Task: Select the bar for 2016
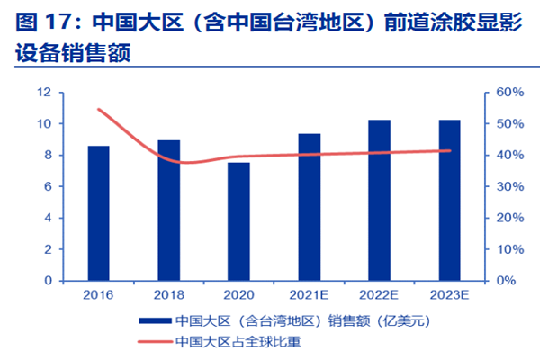(98, 213)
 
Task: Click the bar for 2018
(168, 211)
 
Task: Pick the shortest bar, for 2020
(238, 221)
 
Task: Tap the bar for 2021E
(309, 207)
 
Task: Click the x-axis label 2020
(238, 295)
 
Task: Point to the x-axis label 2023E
(449, 295)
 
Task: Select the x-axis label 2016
(98, 295)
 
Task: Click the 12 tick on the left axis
(43, 93)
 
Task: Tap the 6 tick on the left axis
(47, 186)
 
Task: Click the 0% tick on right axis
(507, 280)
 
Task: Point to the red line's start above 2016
(98, 110)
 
